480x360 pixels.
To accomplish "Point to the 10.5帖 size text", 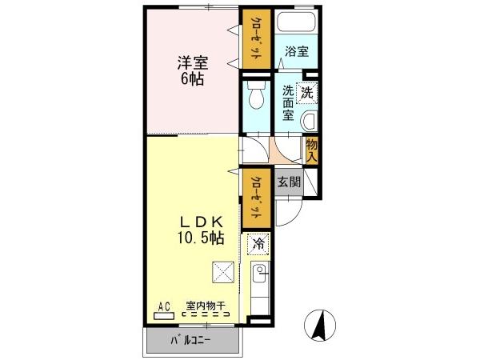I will point(195,238).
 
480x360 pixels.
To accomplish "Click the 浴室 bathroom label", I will point(297,52).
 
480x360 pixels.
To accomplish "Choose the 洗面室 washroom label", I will point(289,102).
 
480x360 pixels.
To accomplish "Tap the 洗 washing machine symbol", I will point(307,93).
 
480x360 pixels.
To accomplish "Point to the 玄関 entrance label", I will point(289,182).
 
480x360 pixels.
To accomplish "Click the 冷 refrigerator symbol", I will point(258,242).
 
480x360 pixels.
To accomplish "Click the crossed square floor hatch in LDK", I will point(222,274).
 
